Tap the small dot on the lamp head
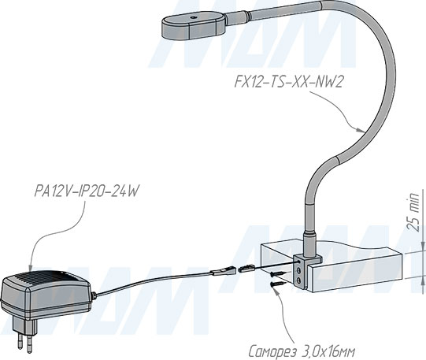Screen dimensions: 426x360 click(193, 17)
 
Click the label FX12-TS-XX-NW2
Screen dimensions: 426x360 click(288, 81)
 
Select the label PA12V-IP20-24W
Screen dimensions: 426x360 click(87, 191)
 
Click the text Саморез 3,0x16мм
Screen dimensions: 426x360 click(302, 351)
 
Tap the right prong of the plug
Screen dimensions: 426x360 click(29, 343)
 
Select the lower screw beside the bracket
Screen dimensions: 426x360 click(278, 284)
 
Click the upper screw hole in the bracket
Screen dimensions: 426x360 click(299, 271)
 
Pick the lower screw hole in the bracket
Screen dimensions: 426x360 click(299, 280)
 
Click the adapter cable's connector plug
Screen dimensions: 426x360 click(222, 271)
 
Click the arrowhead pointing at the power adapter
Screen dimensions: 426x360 click(30, 267)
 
